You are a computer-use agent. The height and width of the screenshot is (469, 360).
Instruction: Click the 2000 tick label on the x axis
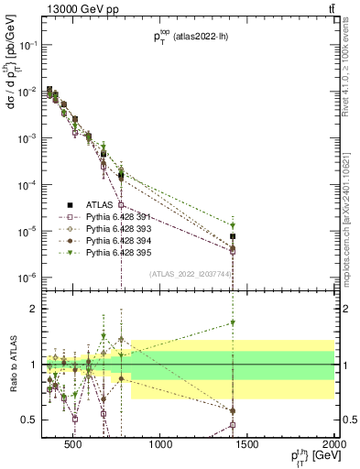coord(335,447)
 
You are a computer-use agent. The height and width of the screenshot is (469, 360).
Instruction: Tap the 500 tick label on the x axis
coord(74,447)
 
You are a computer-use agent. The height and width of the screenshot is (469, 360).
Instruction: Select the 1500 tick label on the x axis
coord(248,447)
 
